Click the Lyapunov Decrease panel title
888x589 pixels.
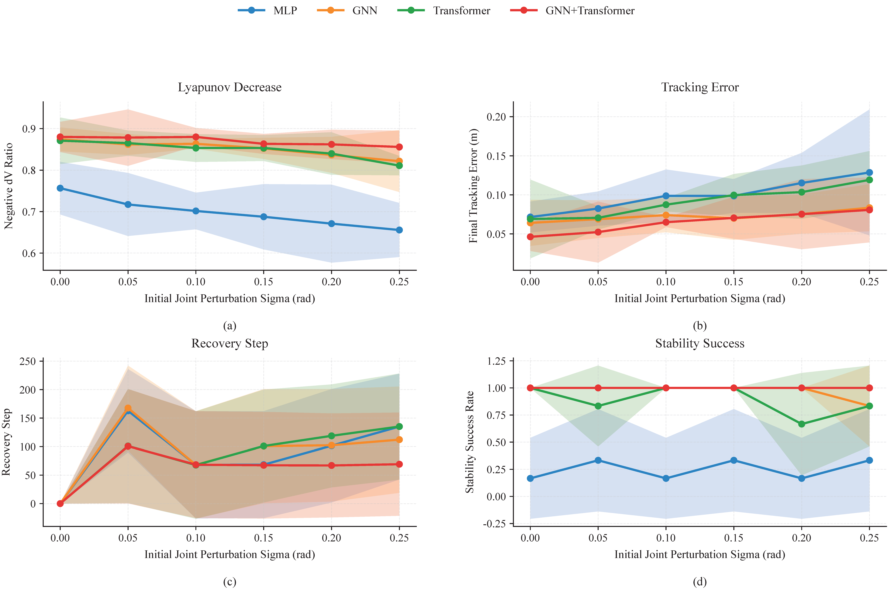[x=230, y=87]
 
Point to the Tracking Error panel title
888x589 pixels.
[x=700, y=87]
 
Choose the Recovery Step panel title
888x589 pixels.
[x=230, y=343]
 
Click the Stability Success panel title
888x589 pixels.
[x=700, y=343]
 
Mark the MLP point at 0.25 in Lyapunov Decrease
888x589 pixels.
[x=399, y=230]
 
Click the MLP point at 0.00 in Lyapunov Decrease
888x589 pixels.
[x=60, y=188]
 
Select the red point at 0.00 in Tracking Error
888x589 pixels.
[x=530, y=237]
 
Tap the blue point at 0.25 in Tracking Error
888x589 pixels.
[x=869, y=172]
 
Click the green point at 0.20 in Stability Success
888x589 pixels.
[x=802, y=424]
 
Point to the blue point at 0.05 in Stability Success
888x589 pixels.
[x=598, y=460]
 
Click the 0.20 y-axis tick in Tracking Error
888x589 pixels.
[x=496, y=117]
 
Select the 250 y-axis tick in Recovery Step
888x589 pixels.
[x=27, y=361]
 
